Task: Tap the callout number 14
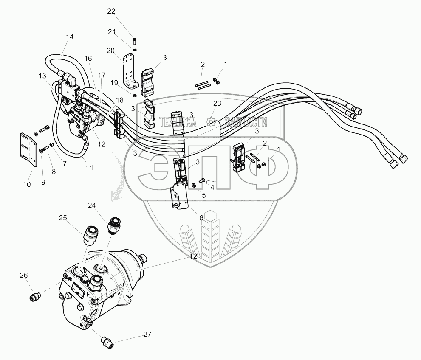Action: (x=69, y=37)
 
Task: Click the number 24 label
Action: (x=93, y=205)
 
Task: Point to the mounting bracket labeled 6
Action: (x=178, y=197)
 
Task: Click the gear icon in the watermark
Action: (x=211, y=123)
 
